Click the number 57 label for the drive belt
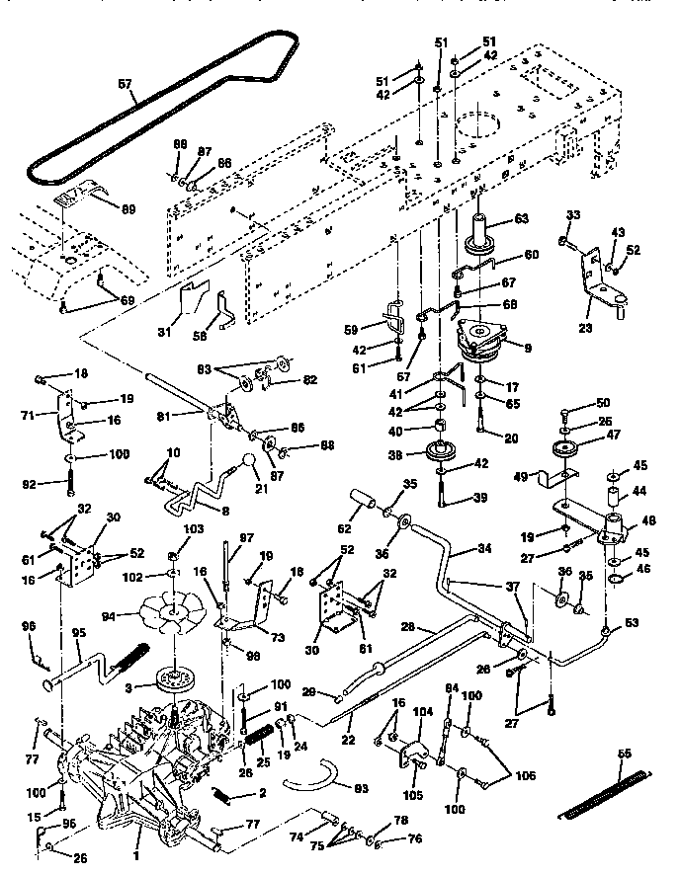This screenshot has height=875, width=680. pyautogui.click(x=124, y=84)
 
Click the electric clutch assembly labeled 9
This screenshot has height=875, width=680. pyautogui.click(x=484, y=342)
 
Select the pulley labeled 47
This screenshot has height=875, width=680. pyautogui.click(x=567, y=450)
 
